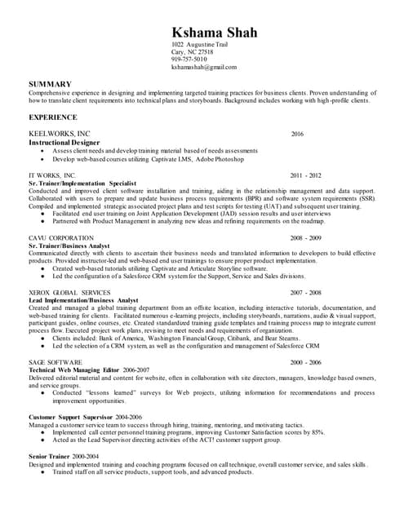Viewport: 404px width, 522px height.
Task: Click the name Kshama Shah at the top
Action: [x=214, y=33]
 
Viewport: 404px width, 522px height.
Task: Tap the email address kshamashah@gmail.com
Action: [x=202, y=68]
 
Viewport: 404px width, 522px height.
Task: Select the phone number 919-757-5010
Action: [x=189, y=60]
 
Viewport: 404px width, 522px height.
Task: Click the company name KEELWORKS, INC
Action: [x=60, y=133]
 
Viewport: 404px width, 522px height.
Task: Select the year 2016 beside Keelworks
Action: [x=296, y=133]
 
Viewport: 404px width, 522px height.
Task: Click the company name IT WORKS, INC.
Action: [x=52, y=175]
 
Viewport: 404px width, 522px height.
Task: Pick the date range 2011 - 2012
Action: [x=305, y=175]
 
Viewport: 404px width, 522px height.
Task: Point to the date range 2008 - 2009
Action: [x=305, y=237]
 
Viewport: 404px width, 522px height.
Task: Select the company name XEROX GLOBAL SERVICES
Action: [x=69, y=292]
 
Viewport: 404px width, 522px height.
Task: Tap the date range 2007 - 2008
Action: [x=305, y=292]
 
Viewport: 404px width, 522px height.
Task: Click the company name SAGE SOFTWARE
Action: [x=55, y=361]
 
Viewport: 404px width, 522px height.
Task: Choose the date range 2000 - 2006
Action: [x=305, y=361]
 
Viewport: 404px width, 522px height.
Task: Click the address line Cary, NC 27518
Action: [x=192, y=51]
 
